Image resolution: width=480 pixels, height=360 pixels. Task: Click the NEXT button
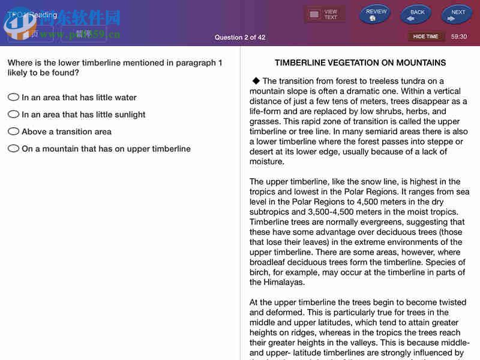[x=457, y=14]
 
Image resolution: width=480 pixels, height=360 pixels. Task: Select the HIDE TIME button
[x=425, y=37]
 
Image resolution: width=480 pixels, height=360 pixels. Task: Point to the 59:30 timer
[x=459, y=37]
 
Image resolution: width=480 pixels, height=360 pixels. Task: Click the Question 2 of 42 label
[x=240, y=37]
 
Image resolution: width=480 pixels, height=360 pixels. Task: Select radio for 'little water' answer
[x=13, y=97]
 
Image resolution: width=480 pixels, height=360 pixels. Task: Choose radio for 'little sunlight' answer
[x=13, y=114]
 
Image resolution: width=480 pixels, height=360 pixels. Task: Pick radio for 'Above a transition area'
[x=13, y=131]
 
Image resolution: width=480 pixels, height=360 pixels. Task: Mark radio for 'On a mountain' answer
[x=13, y=148]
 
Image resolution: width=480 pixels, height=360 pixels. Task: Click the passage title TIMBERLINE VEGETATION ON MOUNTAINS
[x=360, y=62]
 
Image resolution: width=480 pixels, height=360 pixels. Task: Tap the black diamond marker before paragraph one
[x=256, y=80]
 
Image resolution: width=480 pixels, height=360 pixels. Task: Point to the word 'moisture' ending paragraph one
[x=267, y=161]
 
